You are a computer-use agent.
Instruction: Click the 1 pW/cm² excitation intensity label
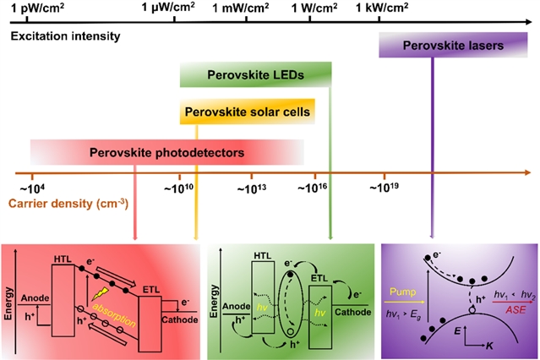coord(37,8)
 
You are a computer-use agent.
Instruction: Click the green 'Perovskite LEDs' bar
coord(254,75)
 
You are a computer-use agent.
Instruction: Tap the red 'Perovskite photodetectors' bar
coord(166,153)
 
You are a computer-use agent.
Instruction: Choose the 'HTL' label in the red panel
coord(63,259)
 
